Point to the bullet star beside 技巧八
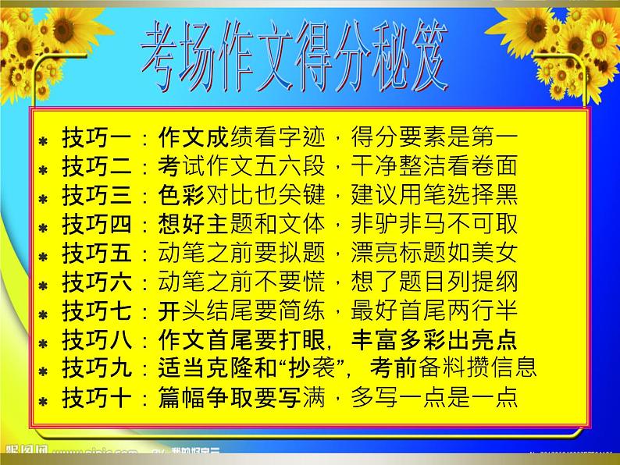coord(44,343)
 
